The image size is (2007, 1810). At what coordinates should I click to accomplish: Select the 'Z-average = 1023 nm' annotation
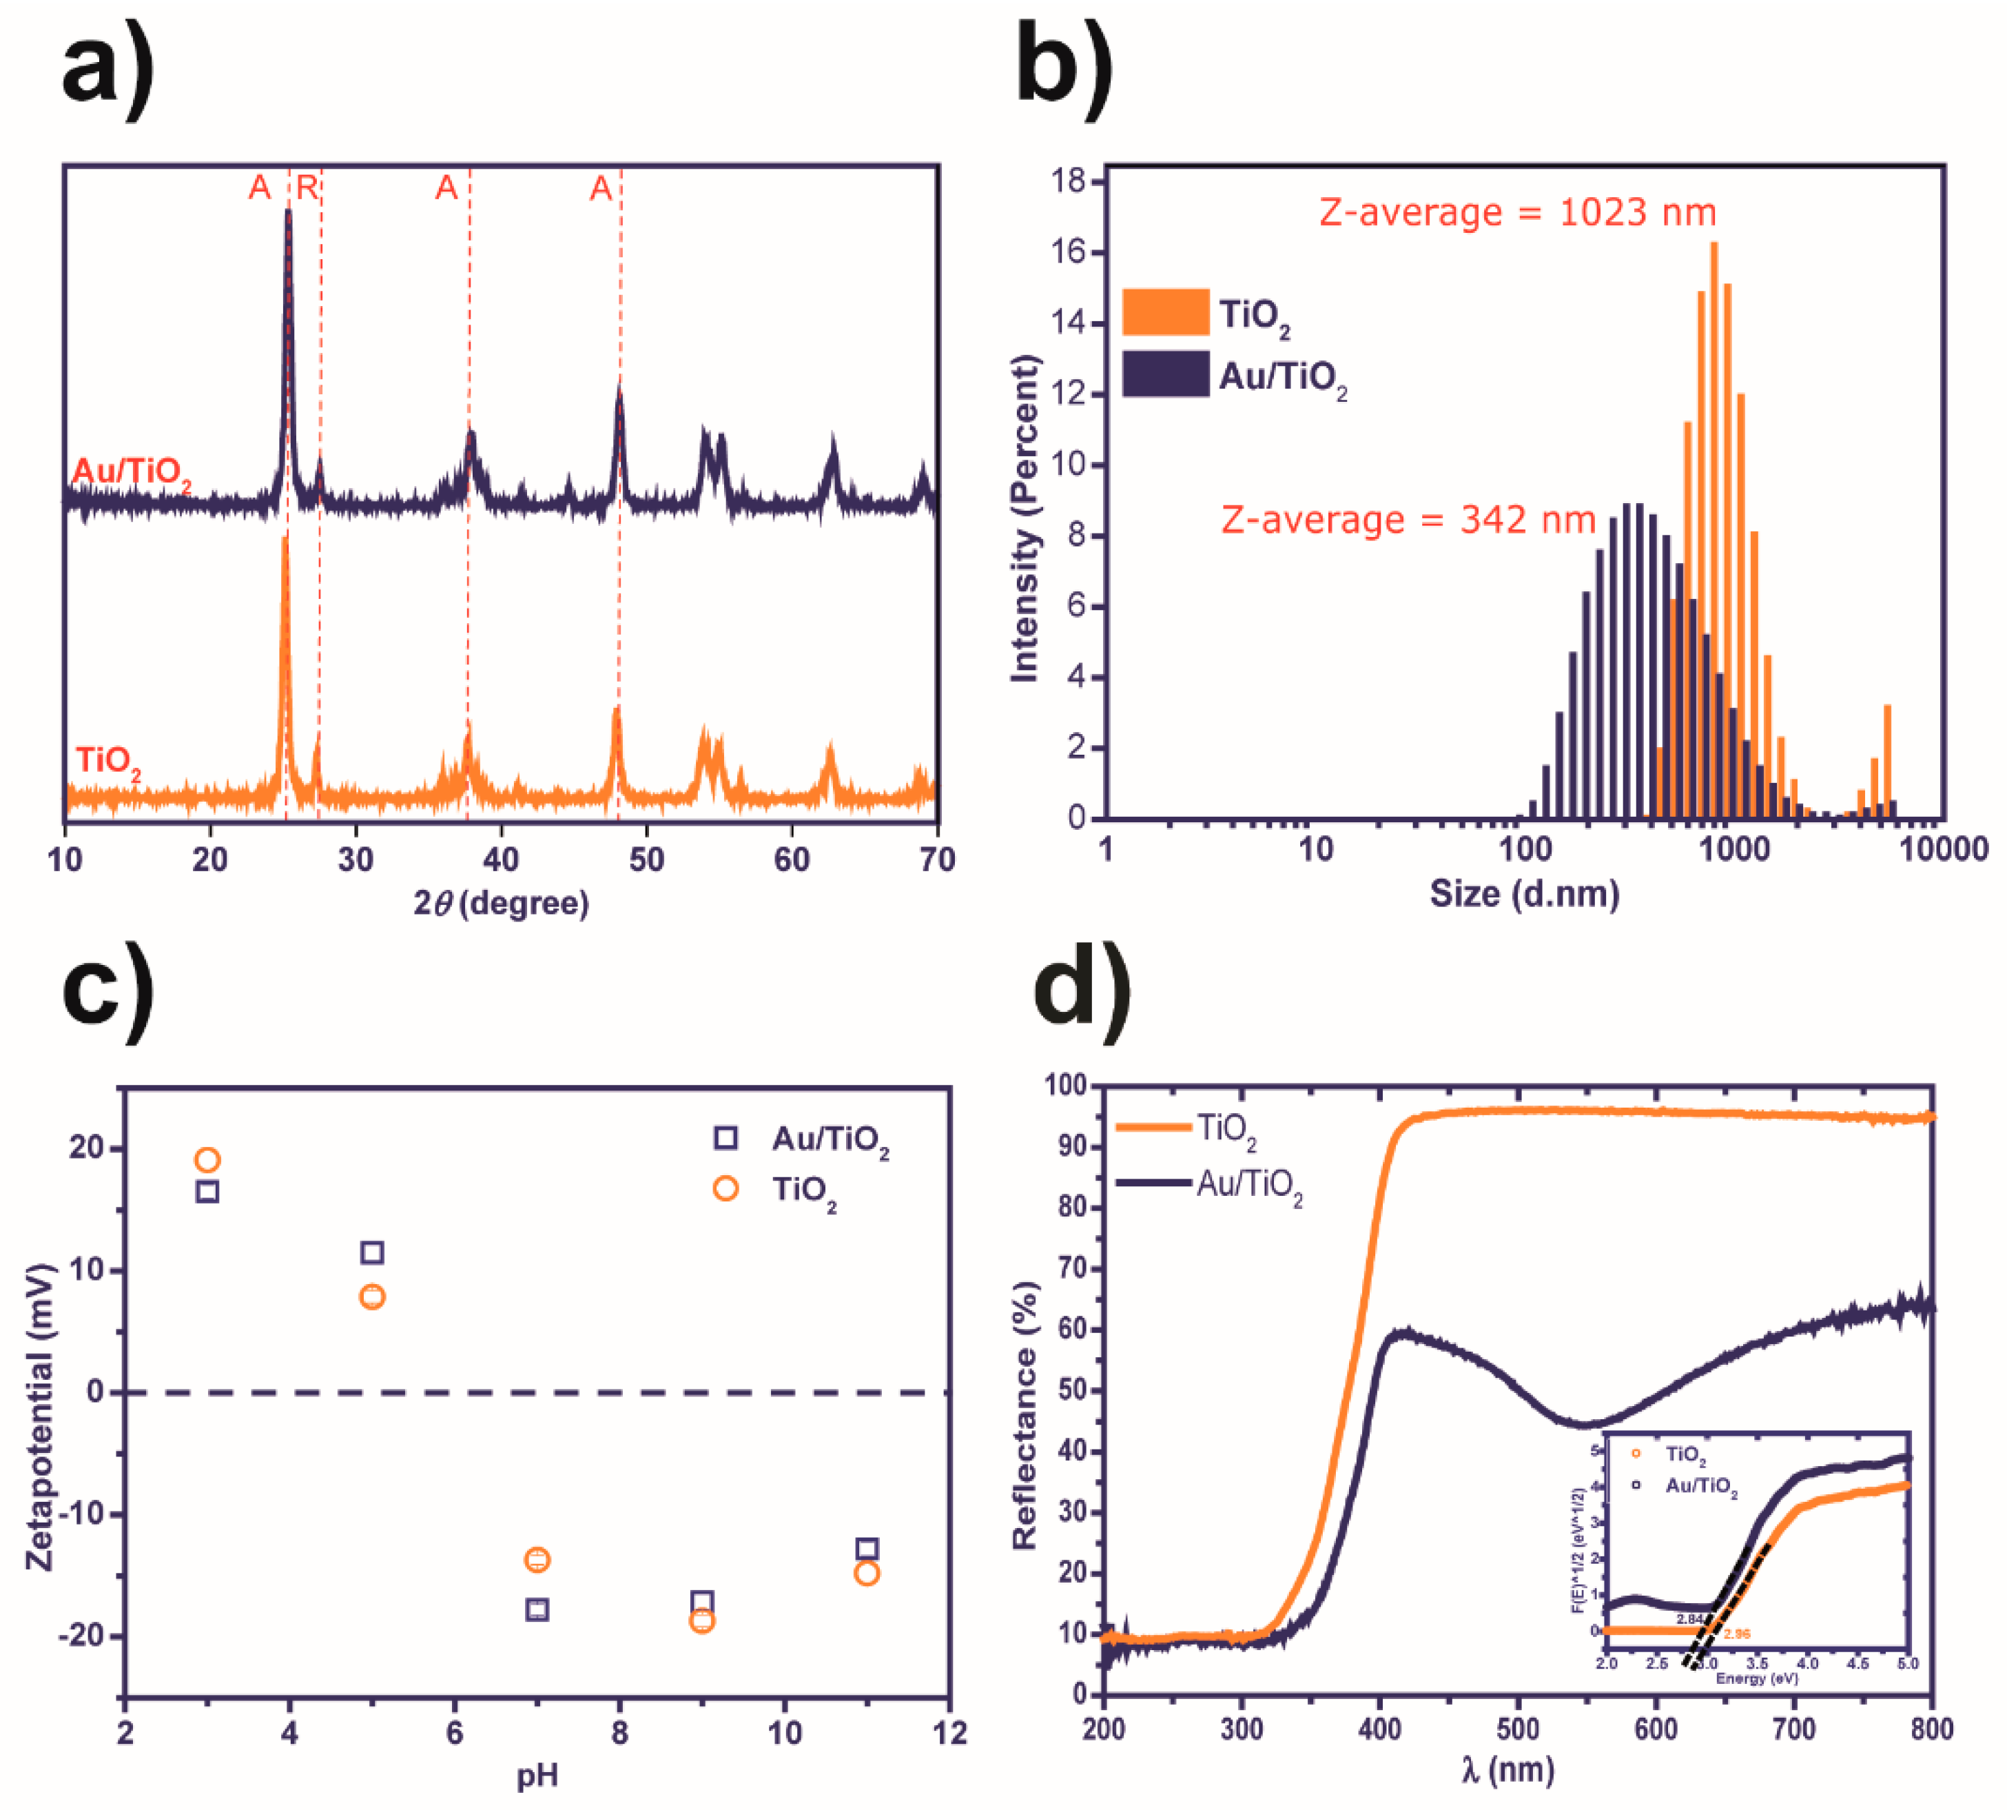pos(1517,213)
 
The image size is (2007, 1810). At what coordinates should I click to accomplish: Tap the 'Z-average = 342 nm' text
pos(1408,520)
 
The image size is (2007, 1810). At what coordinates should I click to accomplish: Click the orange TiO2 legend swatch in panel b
pos(1165,312)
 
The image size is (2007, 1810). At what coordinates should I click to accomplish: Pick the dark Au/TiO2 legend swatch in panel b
pos(1165,374)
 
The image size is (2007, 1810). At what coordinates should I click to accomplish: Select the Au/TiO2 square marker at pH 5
pos(372,1252)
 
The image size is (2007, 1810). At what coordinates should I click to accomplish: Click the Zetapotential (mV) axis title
pos(40,1416)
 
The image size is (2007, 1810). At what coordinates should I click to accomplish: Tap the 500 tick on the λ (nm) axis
pos(1517,1729)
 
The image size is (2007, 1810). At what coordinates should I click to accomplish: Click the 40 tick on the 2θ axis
pos(501,860)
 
